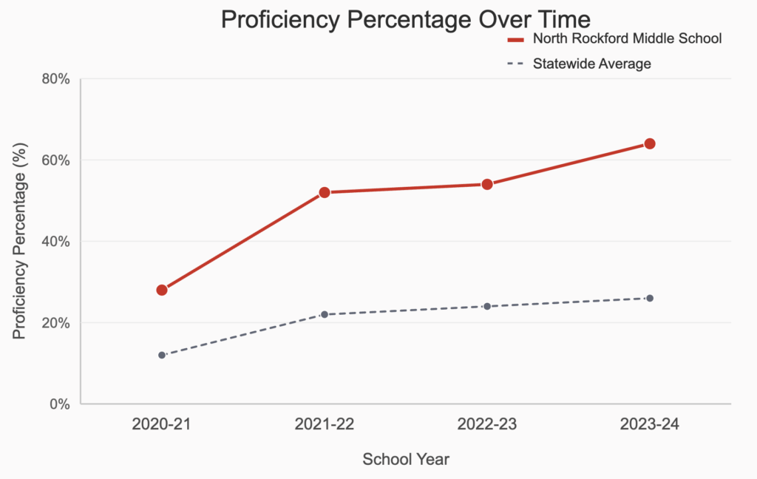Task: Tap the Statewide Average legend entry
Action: (x=591, y=64)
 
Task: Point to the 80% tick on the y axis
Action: (x=55, y=79)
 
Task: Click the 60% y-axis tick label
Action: (x=55, y=160)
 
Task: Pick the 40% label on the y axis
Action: (x=55, y=242)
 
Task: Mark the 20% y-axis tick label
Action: (x=55, y=323)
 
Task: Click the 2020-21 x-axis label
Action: (x=161, y=425)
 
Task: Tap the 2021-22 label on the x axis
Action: (x=324, y=425)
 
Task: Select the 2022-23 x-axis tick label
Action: (x=487, y=425)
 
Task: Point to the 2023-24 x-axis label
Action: (x=650, y=425)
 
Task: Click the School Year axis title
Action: (x=406, y=459)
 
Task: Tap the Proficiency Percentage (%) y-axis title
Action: (x=20, y=242)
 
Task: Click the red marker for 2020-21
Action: (x=161, y=290)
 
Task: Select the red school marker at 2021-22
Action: (x=324, y=192)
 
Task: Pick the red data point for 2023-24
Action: (x=650, y=143)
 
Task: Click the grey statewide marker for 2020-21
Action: (x=161, y=355)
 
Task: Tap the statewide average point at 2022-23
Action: (x=487, y=306)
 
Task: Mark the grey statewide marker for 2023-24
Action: (x=650, y=298)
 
